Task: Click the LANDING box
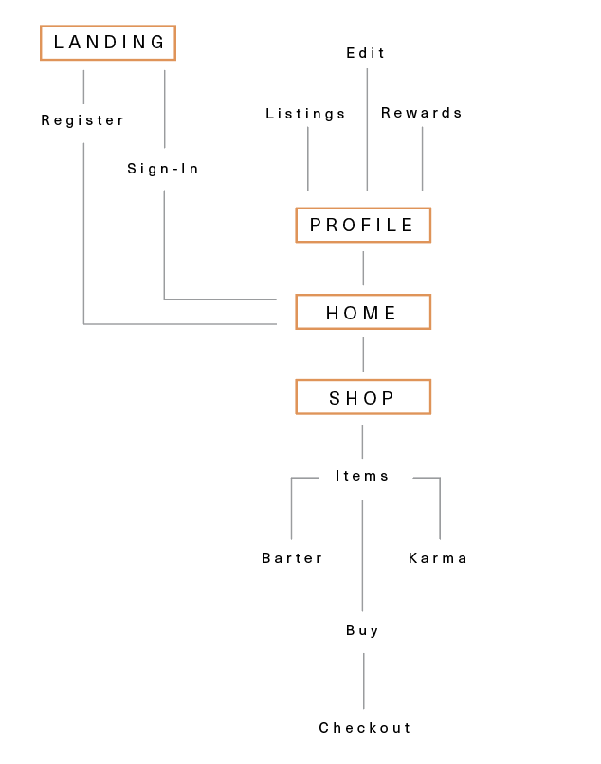coord(108,43)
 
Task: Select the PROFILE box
coord(363,225)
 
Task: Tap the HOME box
coord(363,312)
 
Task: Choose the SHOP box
coord(363,397)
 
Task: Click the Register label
coord(83,120)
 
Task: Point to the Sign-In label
coord(164,169)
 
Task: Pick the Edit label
coord(366,53)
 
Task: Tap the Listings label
coord(306,114)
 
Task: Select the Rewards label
coord(422,113)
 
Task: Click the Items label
coord(363,476)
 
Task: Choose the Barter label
coord(293,558)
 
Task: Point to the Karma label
coord(438,558)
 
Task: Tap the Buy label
coord(363,630)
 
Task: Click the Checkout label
coord(366,728)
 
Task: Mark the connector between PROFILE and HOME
coord(363,268)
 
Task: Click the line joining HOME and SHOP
coord(363,355)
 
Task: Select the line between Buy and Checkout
coord(363,681)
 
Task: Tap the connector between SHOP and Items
coord(363,442)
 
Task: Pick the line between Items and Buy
coord(363,555)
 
